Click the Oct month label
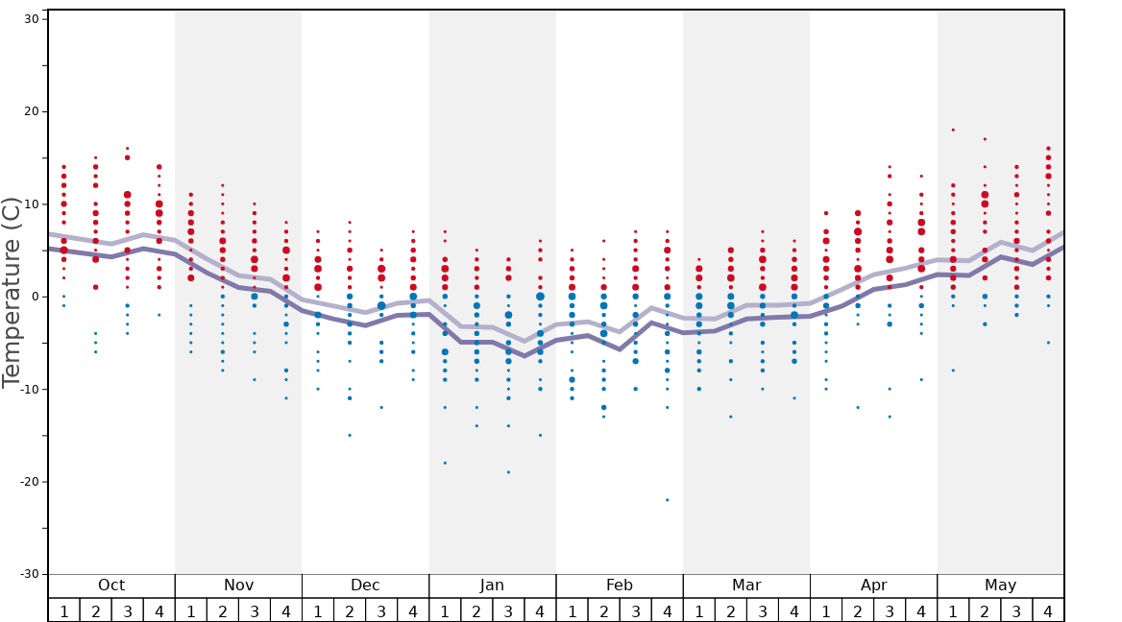pos(111,586)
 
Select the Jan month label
pos(492,586)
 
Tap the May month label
pos(1000,586)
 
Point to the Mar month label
pos(746,586)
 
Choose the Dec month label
pos(365,586)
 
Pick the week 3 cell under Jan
pos(508,610)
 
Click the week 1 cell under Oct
pos(63,610)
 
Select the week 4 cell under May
pos(1048,610)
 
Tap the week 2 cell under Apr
pos(858,610)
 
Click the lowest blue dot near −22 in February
pos(667,500)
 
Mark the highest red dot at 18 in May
pos(953,130)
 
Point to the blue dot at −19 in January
pos(508,472)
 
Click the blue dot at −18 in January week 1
pos(445,463)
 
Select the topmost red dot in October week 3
pos(127,148)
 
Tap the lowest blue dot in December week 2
pos(350,435)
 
